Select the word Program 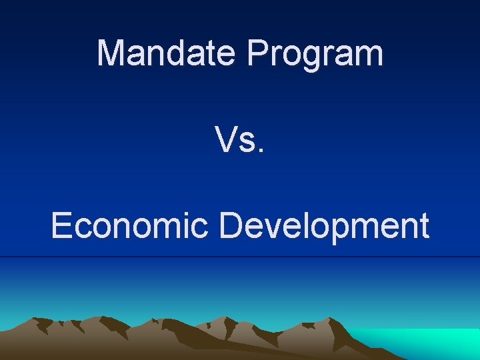click(x=316, y=53)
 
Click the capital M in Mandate click(x=110, y=53)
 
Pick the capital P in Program click(x=257, y=53)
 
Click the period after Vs click(x=261, y=150)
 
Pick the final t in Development click(x=423, y=227)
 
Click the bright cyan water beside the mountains click(x=433, y=343)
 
